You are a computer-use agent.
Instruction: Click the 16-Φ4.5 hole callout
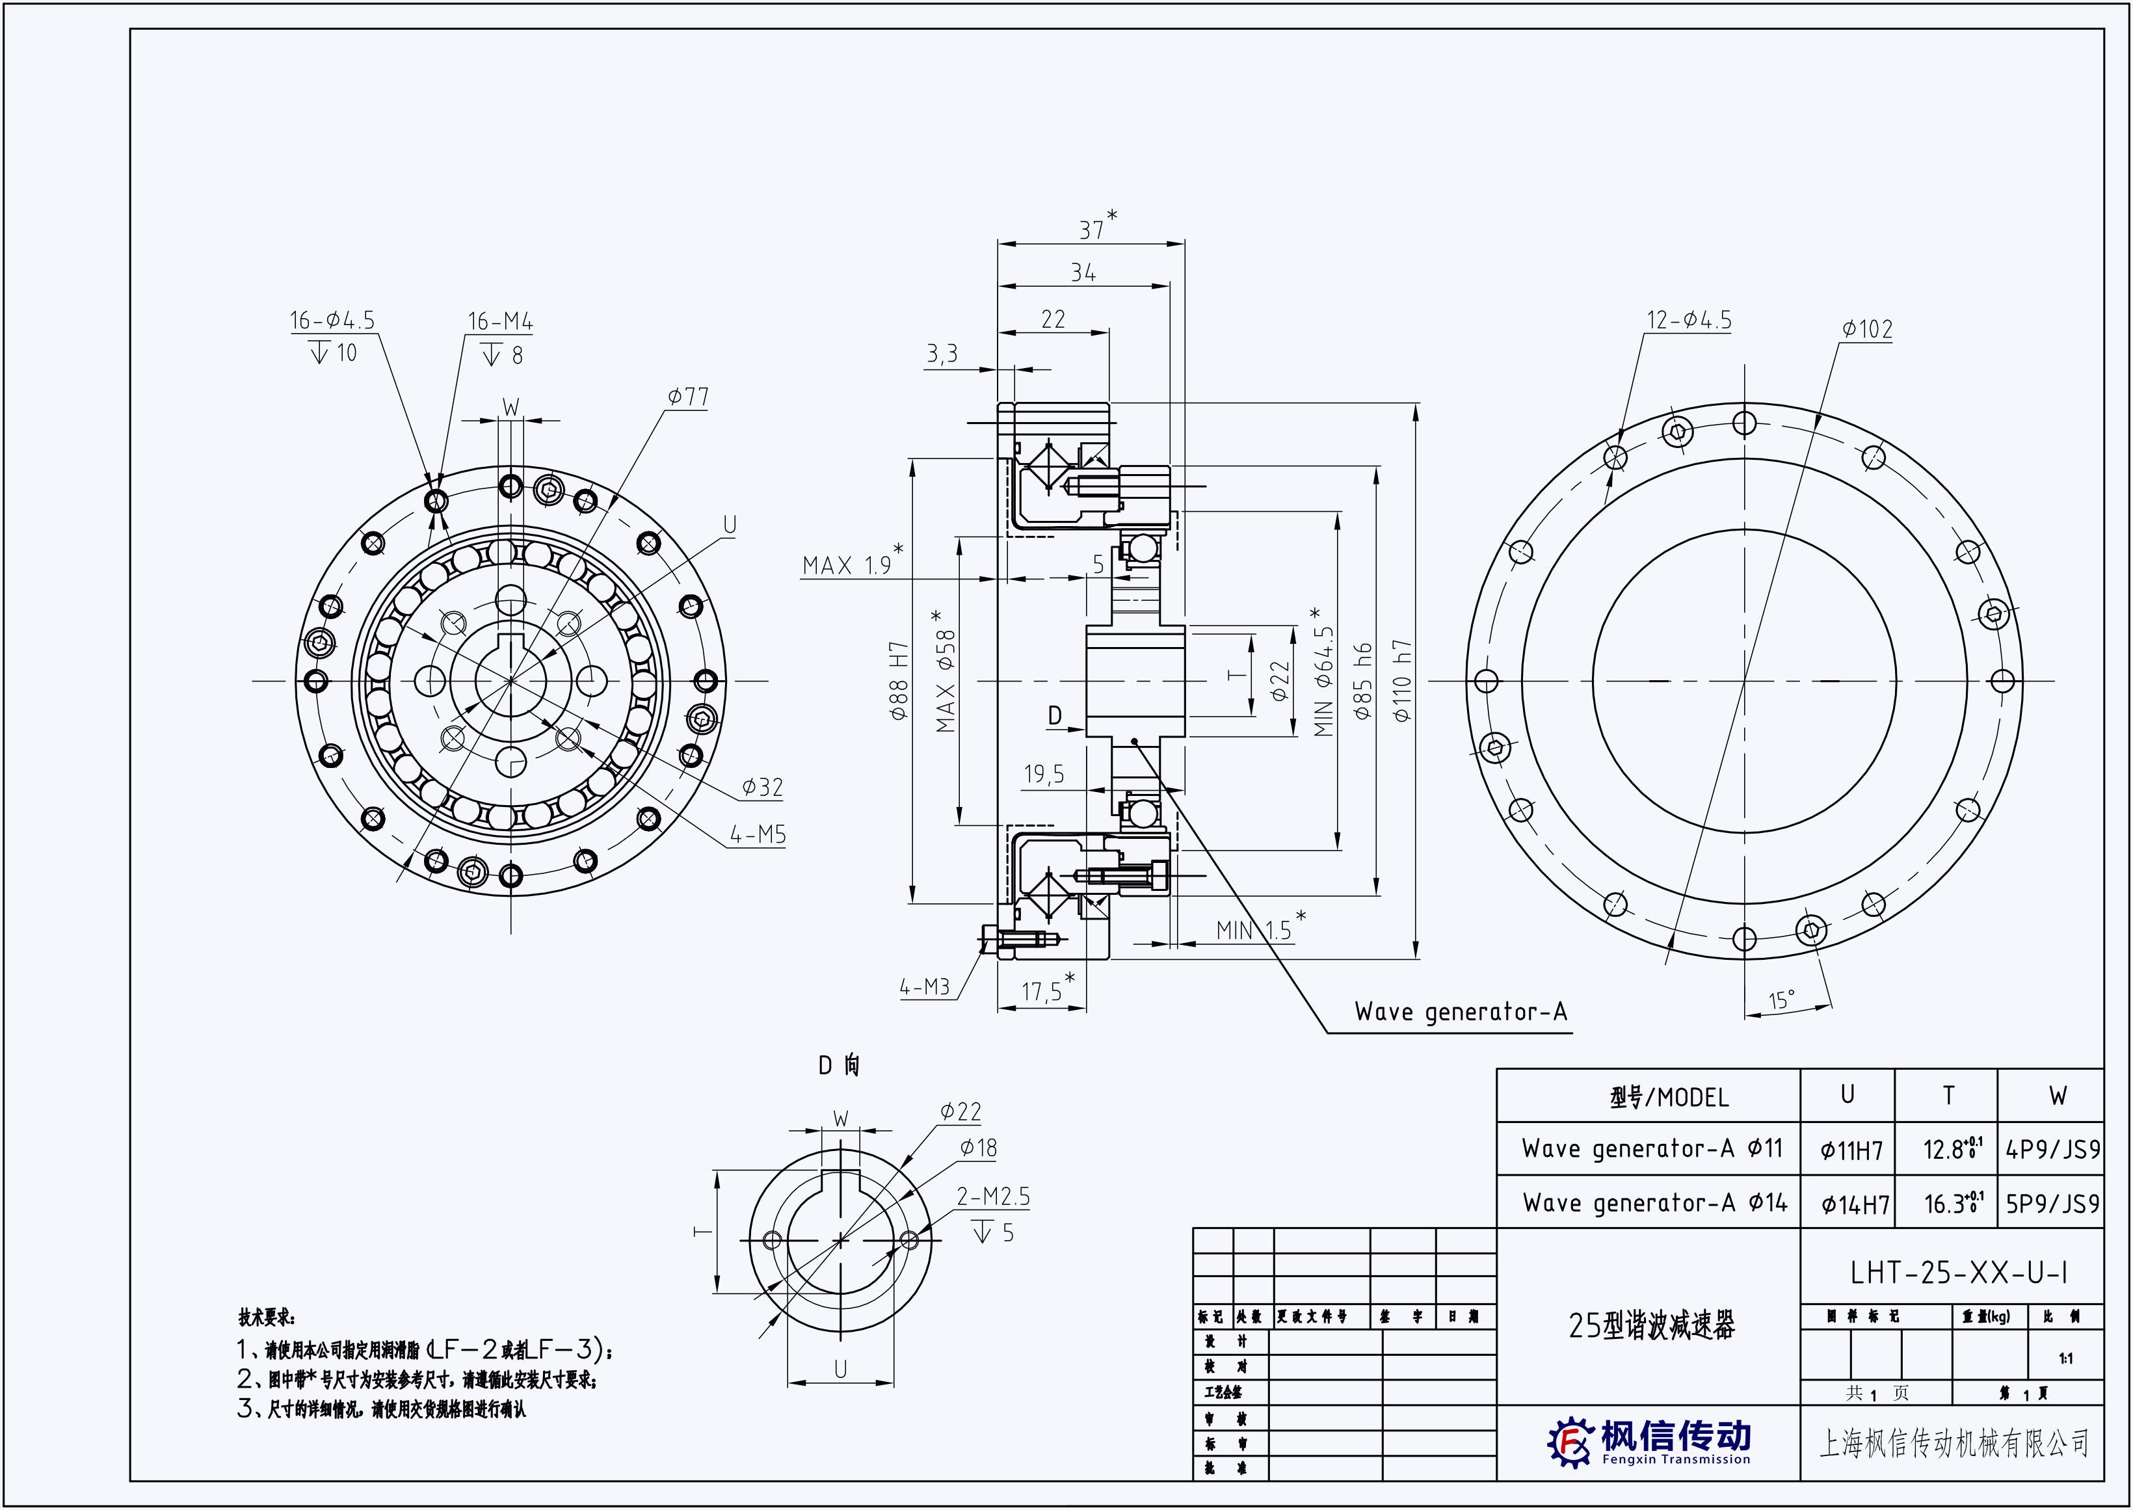coord(332,321)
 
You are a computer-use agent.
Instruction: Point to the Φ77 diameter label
coord(688,397)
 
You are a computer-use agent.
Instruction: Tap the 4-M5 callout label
coord(758,835)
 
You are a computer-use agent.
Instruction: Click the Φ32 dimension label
coord(762,788)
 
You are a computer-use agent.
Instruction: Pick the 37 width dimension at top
coord(1092,229)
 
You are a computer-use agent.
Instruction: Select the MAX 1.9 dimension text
coord(847,565)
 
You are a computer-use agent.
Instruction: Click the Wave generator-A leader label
coord(1461,1012)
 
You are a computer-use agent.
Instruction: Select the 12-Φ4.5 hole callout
coord(1689,321)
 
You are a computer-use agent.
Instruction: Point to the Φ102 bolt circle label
coord(1867,329)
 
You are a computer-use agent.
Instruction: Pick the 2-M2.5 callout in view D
coord(994,1197)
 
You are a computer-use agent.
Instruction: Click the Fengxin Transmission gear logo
coord(1570,1443)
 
